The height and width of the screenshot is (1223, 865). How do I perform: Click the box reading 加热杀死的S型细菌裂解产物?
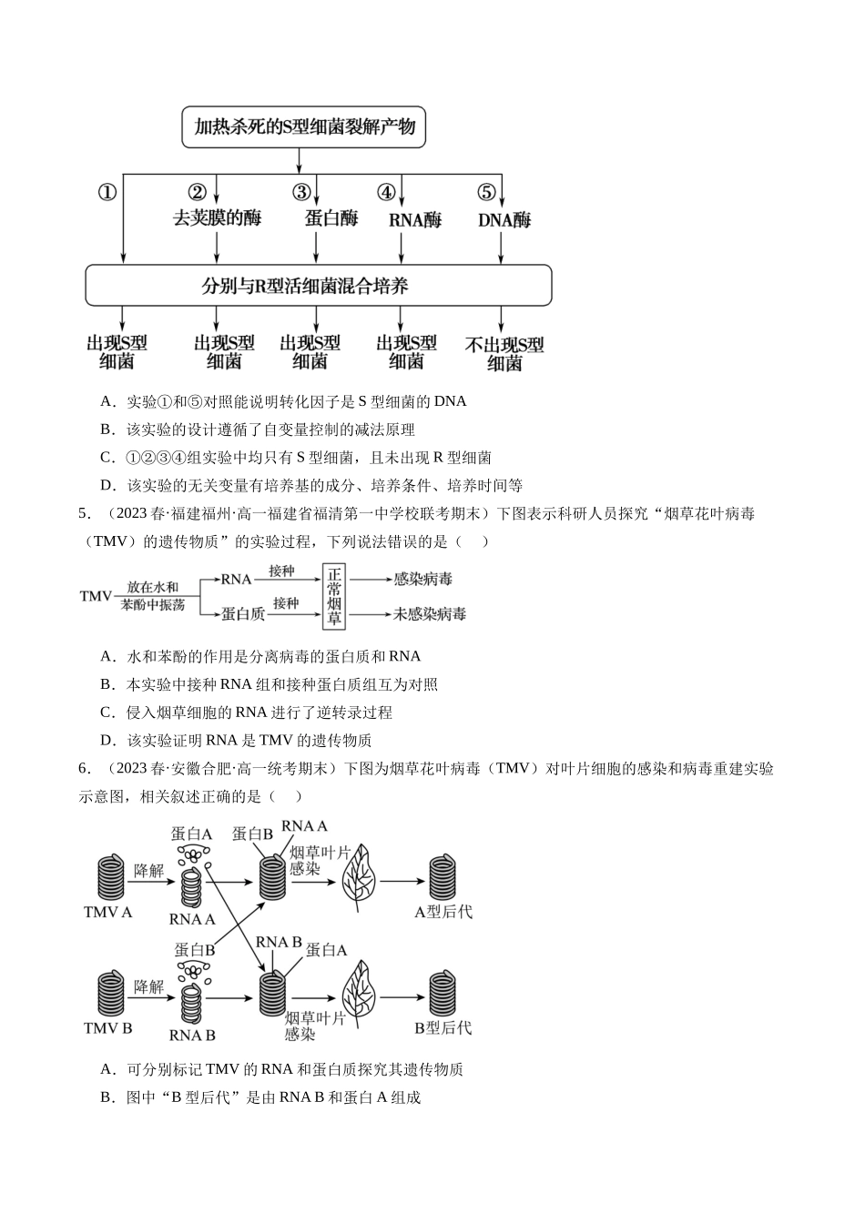tap(303, 127)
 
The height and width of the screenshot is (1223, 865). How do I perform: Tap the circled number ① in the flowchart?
tap(107, 192)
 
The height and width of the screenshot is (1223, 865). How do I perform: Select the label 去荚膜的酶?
tap(217, 218)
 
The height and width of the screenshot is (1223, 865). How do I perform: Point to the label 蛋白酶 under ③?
tap(331, 218)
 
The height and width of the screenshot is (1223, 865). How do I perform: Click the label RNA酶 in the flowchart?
tap(414, 220)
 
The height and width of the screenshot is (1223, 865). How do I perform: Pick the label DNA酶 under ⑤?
tap(504, 220)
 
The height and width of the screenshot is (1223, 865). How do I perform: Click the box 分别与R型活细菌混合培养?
tap(319, 286)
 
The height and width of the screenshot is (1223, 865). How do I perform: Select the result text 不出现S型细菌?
tap(504, 354)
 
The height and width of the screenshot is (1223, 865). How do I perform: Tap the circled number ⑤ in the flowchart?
tap(486, 192)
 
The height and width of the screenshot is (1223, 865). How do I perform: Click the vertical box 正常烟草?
tap(334, 597)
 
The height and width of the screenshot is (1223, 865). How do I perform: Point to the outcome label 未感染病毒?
tap(430, 614)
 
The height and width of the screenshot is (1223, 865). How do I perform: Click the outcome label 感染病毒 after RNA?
tap(422, 580)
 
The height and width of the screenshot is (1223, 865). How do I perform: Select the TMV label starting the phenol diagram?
tap(97, 596)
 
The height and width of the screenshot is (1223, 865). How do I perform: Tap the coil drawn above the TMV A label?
tap(111, 878)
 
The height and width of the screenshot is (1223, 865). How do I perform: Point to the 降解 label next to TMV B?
tap(149, 986)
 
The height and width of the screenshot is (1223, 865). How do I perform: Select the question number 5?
tap(84, 514)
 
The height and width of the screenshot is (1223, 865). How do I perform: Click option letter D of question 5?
tap(107, 741)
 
